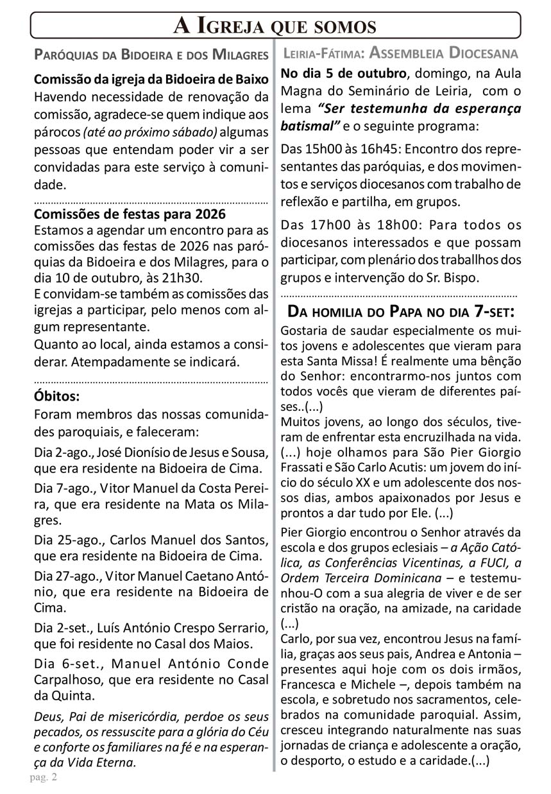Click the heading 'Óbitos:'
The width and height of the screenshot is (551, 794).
[x=56, y=396]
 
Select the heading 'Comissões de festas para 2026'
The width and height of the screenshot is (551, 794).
[x=130, y=214]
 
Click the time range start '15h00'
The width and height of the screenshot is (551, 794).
[x=325, y=149]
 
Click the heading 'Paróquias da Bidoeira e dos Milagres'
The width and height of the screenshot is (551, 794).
[x=151, y=54]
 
